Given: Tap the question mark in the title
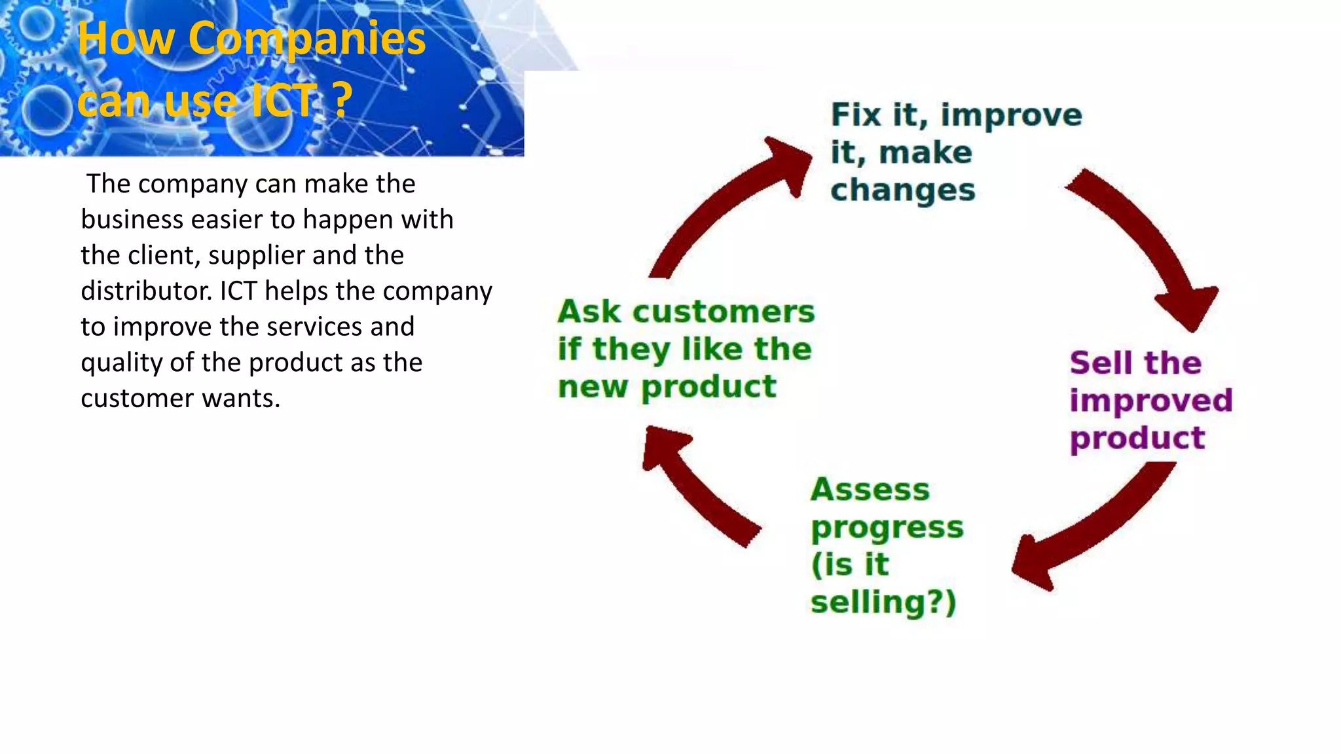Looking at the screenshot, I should tap(341, 101).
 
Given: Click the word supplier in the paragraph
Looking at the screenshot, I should tap(249, 255).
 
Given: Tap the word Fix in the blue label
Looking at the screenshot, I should tap(856, 115).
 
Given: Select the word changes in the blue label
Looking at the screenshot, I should tap(902, 190).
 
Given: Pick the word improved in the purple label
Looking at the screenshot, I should tap(1150, 401).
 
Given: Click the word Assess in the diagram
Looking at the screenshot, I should tap(870, 490).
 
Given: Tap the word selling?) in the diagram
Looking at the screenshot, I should tap(883, 602).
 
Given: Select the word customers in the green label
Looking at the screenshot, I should tap(724, 312).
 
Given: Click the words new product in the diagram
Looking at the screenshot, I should tap(667, 387).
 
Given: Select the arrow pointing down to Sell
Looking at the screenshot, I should tap(1152, 249).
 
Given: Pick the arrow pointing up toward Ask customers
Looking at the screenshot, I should tap(694, 484).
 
